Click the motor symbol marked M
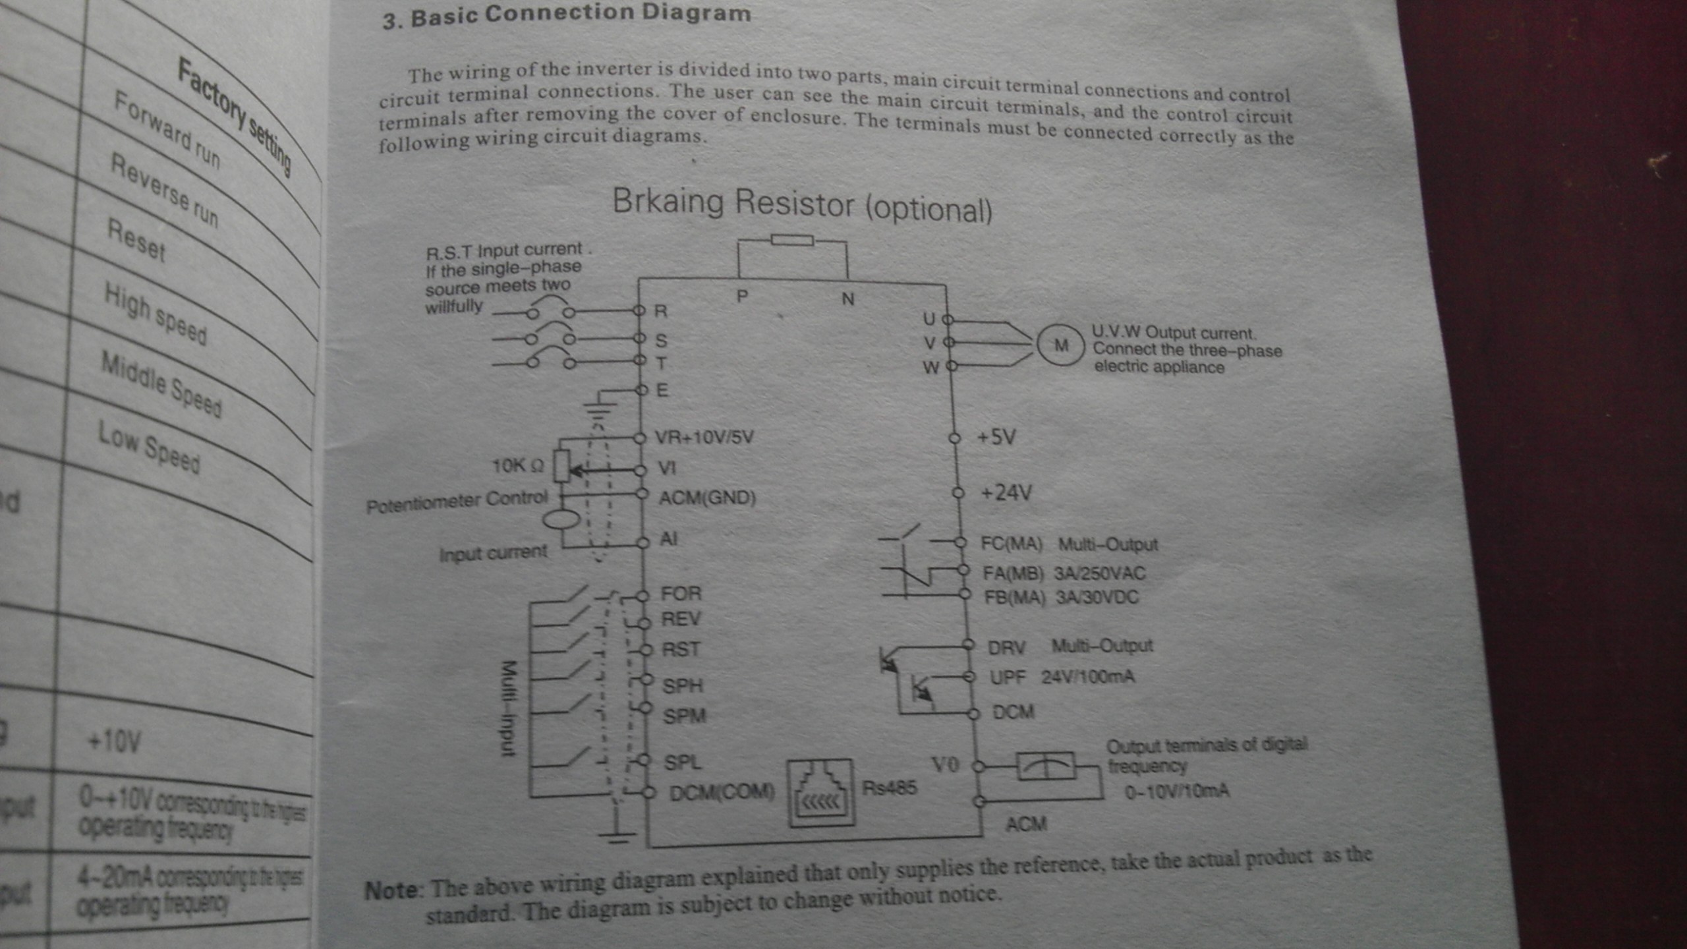point(1061,345)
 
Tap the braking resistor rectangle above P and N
point(792,241)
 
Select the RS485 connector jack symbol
point(821,793)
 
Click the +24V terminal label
point(1006,493)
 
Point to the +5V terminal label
point(996,437)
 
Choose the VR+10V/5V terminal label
point(704,437)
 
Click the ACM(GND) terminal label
point(707,498)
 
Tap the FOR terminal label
point(681,594)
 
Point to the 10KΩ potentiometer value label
point(518,466)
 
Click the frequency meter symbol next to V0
point(1046,766)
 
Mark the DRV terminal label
point(1006,648)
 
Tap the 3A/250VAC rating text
point(1100,573)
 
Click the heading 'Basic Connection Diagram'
point(580,14)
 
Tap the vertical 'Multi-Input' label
point(508,708)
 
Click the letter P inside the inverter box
point(742,297)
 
